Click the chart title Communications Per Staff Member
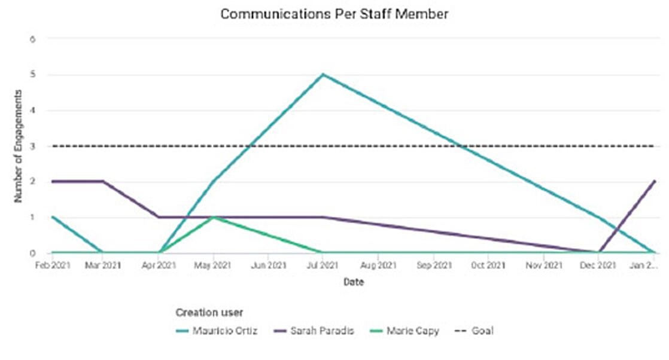click(334, 14)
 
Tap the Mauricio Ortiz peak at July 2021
click(323, 74)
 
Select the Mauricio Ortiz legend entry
click(224, 331)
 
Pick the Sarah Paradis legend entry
click(322, 331)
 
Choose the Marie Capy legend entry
click(412, 331)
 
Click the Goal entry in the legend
click(482, 331)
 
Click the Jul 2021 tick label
click(323, 265)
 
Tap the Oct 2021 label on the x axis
click(488, 265)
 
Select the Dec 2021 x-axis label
click(598, 265)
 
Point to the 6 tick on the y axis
click(34, 39)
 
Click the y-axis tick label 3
click(34, 146)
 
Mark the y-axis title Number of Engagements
click(19, 146)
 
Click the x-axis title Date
click(353, 282)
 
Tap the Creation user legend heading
click(209, 312)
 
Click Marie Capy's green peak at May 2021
click(214, 217)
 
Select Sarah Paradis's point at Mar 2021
click(103, 181)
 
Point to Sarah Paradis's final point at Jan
click(655, 181)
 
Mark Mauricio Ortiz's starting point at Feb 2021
click(53, 217)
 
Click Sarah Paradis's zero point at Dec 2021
click(598, 252)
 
